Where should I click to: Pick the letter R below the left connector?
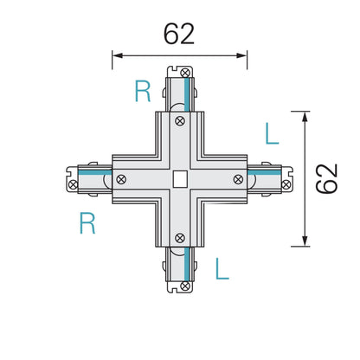[x=87, y=224]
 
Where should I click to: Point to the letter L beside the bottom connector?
[x=222, y=268]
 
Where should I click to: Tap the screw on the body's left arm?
[x=123, y=179]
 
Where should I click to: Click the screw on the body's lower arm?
[x=180, y=235]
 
